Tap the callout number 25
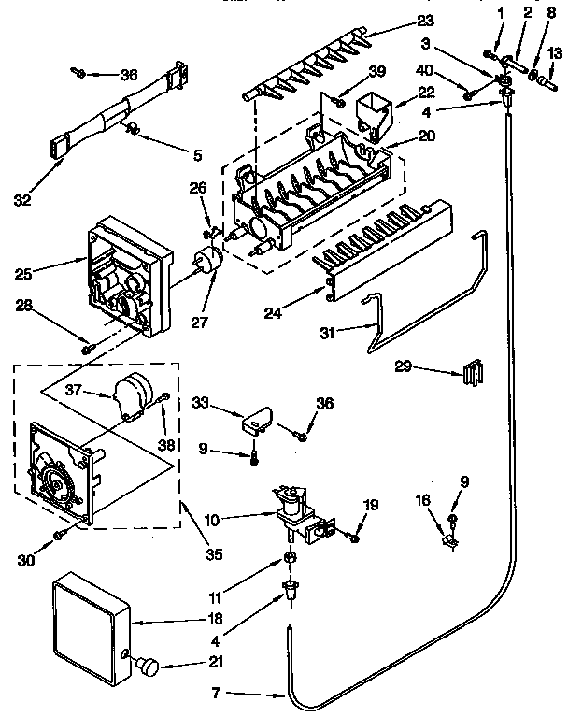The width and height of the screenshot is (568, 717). [x=24, y=273]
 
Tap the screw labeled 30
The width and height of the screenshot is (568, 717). [x=59, y=535]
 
